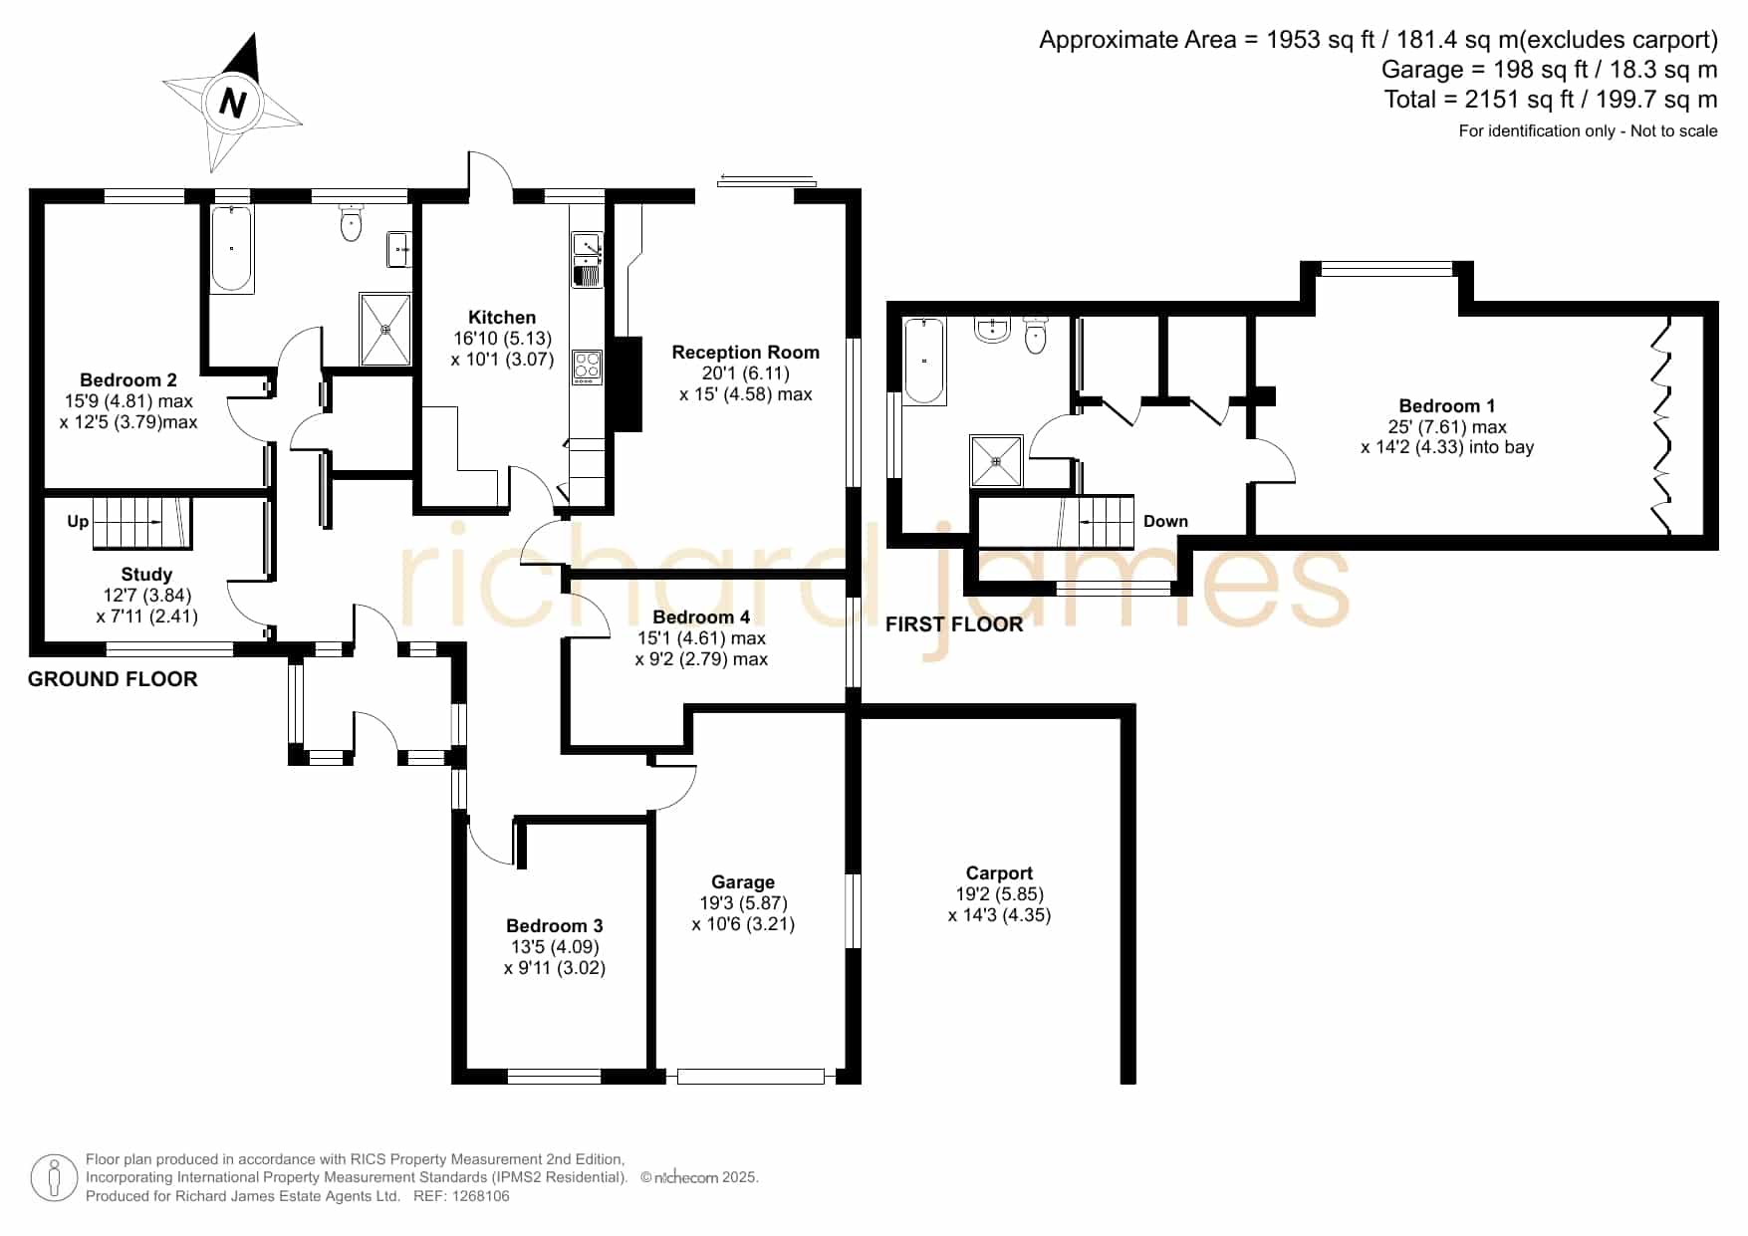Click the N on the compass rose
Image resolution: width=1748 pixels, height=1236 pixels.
(x=232, y=104)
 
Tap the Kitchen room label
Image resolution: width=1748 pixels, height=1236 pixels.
(x=502, y=318)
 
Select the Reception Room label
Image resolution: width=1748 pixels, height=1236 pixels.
(x=745, y=352)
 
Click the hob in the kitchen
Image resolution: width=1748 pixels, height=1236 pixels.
(x=588, y=367)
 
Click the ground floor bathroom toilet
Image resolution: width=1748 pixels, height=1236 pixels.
(x=351, y=223)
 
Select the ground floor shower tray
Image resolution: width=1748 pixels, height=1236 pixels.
(x=384, y=329)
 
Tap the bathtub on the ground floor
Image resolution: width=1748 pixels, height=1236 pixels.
(x=232, y=248)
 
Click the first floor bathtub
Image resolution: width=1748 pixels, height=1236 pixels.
(x=925, y=361)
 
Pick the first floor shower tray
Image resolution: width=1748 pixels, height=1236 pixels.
(x=996, y=461)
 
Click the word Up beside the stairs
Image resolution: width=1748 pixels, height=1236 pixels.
(x=78, y=521)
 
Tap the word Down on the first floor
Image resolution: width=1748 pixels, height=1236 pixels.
(x=1165, y=521)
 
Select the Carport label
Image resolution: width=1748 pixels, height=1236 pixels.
(x=999, y=872)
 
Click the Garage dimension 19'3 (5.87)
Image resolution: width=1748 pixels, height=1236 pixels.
(x=743, y=902)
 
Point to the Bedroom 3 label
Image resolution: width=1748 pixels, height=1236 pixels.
(x=555, y=925)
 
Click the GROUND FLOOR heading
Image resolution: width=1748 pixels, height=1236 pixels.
(x=113, y=679)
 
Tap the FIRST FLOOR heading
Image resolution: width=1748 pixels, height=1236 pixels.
(x=954, y=624)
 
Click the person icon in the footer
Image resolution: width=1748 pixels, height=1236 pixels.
(x=54, y=1178)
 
